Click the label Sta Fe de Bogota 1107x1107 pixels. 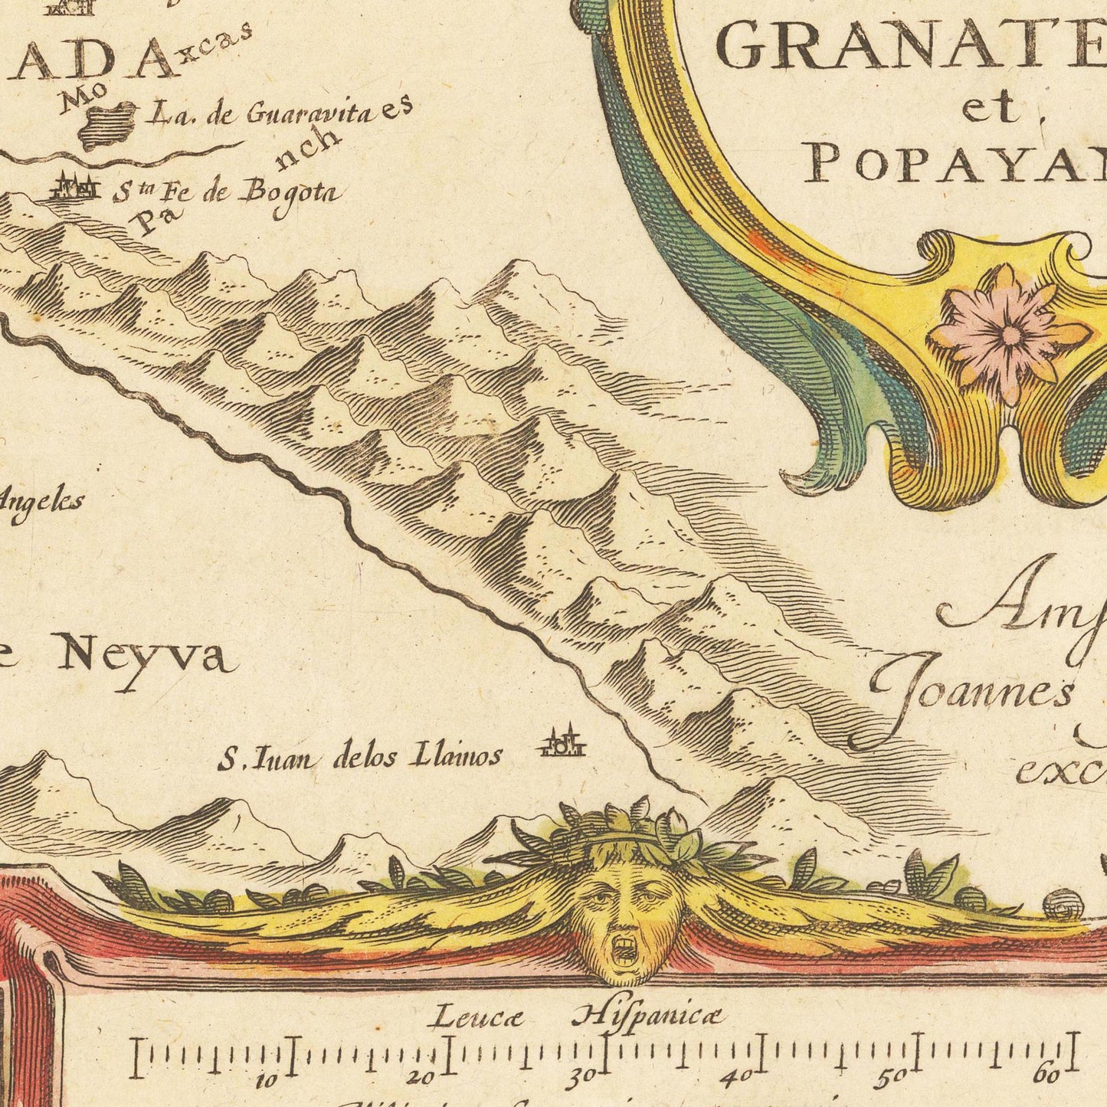[x=226, y=195]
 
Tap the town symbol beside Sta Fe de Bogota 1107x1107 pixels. [x=75, y=186]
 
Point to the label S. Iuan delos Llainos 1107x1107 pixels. [x=360, y=758]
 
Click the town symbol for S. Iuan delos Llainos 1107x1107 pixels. [x=563, y=742]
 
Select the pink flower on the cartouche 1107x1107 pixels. [x=1010, y=332]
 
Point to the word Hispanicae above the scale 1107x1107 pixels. [x=647, y=1017]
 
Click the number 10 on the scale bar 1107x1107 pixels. [x=266, y=1080]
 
